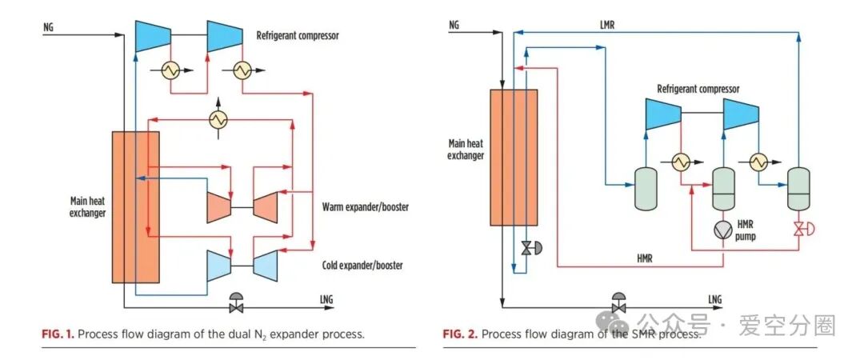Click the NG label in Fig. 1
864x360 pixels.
(49, 26)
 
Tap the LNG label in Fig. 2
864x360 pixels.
(714, 299)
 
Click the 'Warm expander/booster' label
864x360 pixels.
(365, 207)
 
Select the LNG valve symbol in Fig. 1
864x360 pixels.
(237, 304)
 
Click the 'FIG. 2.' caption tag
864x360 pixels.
(460, 334)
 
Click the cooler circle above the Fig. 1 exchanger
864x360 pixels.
(218, 120)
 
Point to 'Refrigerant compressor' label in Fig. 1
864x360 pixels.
(298, 36)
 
